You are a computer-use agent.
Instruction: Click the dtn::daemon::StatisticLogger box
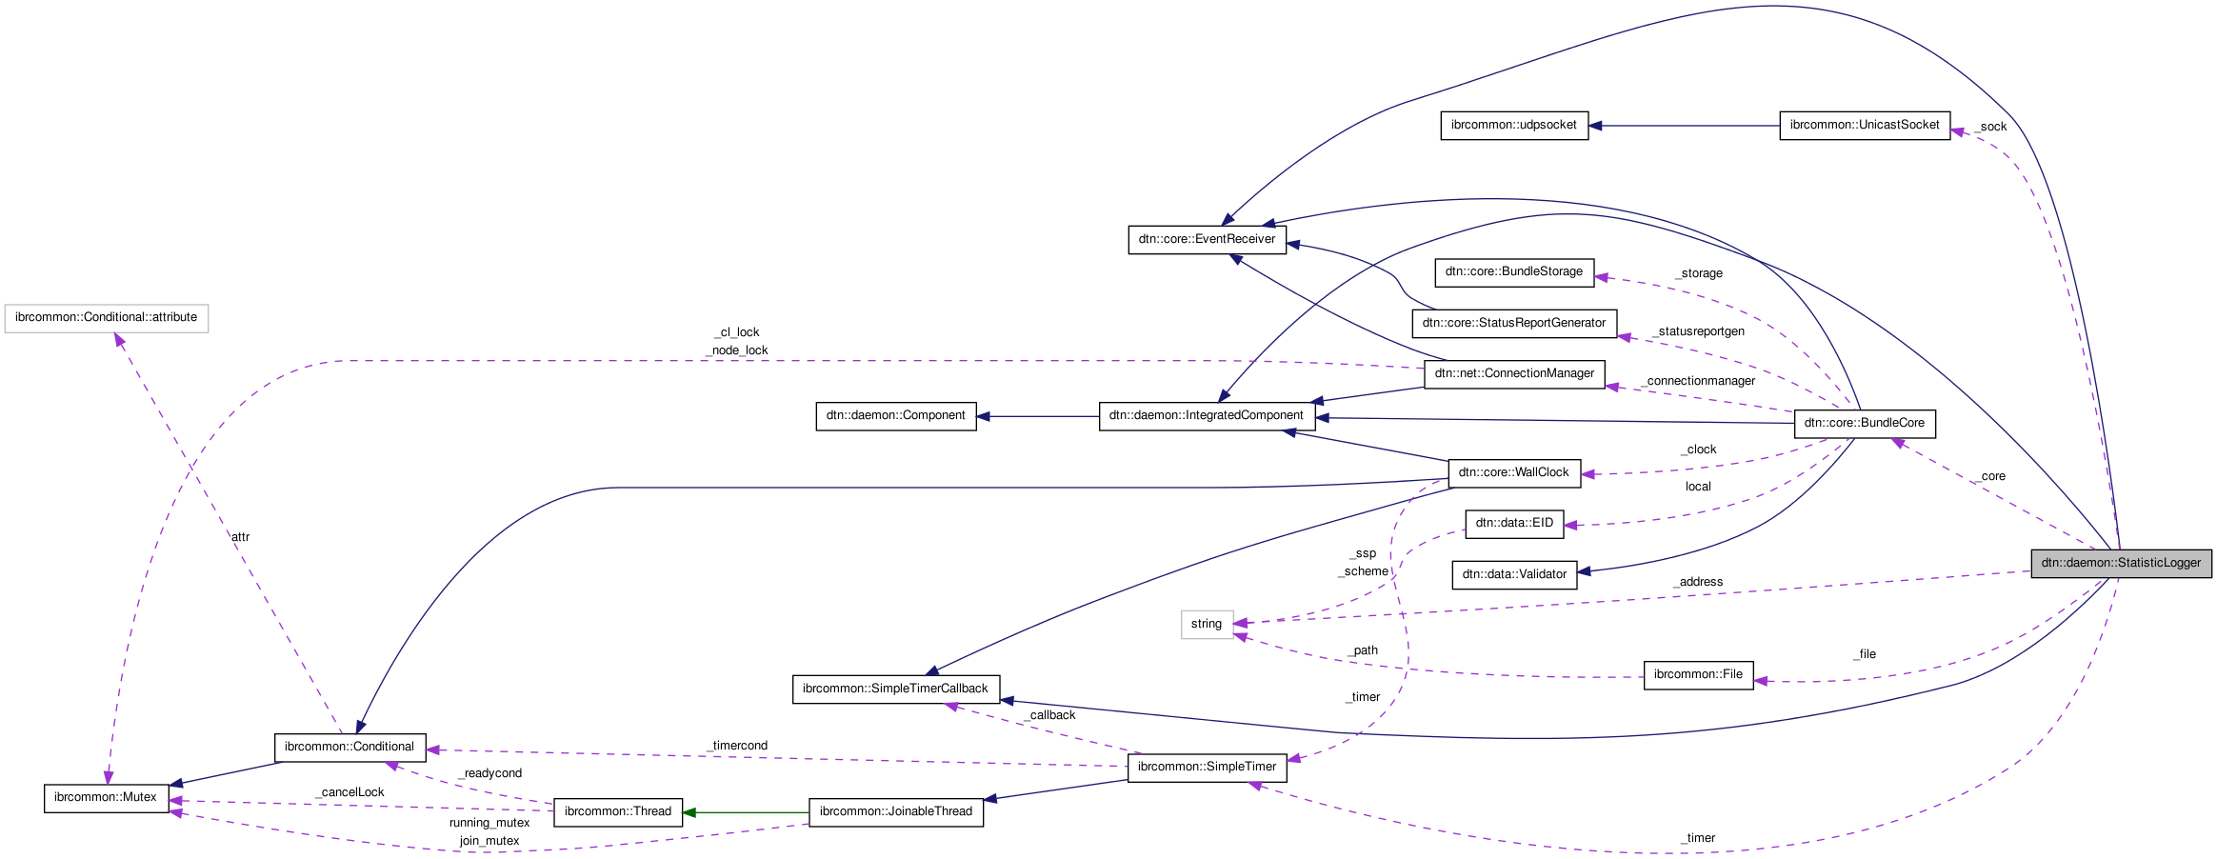(2121, 563)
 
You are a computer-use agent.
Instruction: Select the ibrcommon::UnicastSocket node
(1864, 125)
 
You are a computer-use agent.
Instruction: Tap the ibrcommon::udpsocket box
(1513, 125)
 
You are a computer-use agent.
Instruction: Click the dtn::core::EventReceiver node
(1206, 239)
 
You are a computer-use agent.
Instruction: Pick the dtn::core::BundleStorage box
(1513, 271)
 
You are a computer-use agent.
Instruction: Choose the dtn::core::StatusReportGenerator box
(1513, 323)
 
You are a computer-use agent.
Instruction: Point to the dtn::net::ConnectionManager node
(1513, 373)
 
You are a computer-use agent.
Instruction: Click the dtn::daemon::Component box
(895, 415)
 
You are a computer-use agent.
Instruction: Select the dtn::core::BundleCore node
(1864, 423)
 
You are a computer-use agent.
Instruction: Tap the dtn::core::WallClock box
(1513, 472)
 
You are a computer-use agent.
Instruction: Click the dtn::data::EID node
(1513, 523)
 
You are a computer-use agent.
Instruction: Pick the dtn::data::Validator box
(1513, 574)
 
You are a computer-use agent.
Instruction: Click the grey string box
(1206, 624)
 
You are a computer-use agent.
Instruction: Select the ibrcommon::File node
(1697, 674)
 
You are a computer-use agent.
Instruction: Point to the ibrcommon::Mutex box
(106, 797)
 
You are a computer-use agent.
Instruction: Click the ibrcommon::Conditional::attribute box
(106, 317)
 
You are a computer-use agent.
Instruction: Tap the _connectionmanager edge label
(1699, 381)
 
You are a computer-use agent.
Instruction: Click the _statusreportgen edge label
(1700, 331)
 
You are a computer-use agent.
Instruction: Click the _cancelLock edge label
(351, 792)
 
